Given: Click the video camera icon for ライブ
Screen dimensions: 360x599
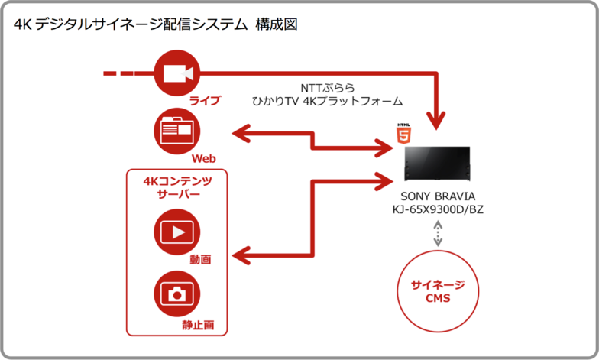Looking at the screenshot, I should point(176,73).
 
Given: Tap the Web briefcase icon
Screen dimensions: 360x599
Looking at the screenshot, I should point(176,131).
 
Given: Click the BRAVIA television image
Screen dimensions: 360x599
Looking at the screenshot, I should point(437,164).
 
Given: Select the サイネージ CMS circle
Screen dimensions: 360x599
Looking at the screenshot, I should point(437,291).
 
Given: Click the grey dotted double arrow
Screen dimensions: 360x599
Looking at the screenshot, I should point(437,234).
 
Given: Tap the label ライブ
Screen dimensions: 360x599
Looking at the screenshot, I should point(205,101).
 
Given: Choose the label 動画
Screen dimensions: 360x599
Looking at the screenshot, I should point(201,260).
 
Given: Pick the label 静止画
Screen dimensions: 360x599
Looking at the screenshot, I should point(198,325).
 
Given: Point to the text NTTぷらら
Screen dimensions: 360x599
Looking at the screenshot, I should point(328,86).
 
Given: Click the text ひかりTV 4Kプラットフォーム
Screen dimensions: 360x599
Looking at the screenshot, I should point(328,101).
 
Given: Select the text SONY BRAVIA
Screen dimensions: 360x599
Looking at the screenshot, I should point(437,196).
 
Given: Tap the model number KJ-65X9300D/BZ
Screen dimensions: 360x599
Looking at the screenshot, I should point(437,209).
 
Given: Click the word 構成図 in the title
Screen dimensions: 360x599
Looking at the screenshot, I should point(277,24).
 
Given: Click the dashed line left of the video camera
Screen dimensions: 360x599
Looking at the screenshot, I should point(118,73).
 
